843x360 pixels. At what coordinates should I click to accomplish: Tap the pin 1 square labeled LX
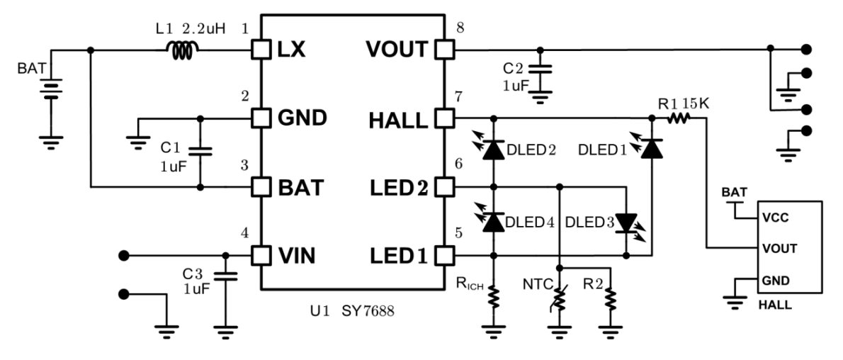click(x=261, y=50)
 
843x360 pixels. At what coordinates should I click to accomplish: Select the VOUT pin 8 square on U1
click(x=445, y=50)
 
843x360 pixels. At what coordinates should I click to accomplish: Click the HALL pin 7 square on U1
click(x=445, y=118)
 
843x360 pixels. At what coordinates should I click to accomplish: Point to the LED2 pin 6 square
click(x=445, y=187)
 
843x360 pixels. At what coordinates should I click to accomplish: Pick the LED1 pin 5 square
click(x=445, y=255)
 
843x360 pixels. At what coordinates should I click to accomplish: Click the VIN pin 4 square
click(x=261, y=255)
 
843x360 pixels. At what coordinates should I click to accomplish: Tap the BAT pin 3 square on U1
click(x=261, y=187)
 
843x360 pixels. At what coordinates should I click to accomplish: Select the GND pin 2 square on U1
click(x=261, y=118)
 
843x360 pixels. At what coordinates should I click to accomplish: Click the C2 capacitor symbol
click(x=541, y=69)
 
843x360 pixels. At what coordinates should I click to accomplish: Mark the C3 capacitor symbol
click(x=225, y=276)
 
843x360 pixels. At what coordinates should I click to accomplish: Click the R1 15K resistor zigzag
click(x=678, y=118)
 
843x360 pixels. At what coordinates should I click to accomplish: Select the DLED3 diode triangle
click(x=626, y=223)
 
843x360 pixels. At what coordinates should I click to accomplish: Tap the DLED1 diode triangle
click(x=652, y=149)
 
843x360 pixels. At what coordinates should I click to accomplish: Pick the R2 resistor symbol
click(x=611, y=299)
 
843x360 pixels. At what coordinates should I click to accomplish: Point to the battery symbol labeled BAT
click(x=50, y=90)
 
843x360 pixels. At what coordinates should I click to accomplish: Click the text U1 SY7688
click(x=352, y=311)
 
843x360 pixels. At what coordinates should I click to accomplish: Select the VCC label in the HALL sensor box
click(x=774, y=218)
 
